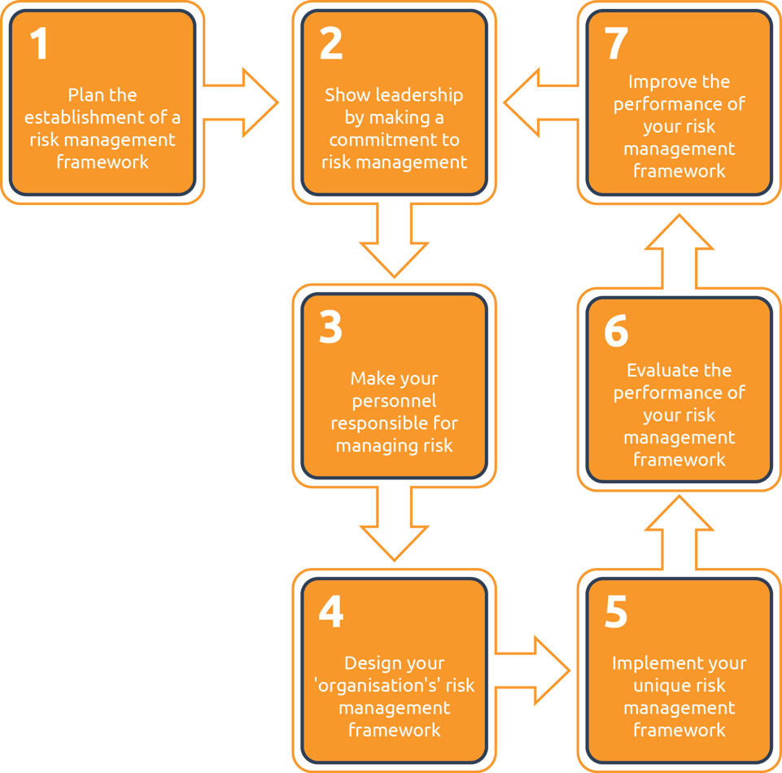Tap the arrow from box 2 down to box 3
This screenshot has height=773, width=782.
[x=394, y=239]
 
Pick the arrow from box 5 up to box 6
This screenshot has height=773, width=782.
[x=679, y=533]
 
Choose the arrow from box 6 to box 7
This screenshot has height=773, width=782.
[x=679, y=251]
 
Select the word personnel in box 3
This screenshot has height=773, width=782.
[x=394, y=401]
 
